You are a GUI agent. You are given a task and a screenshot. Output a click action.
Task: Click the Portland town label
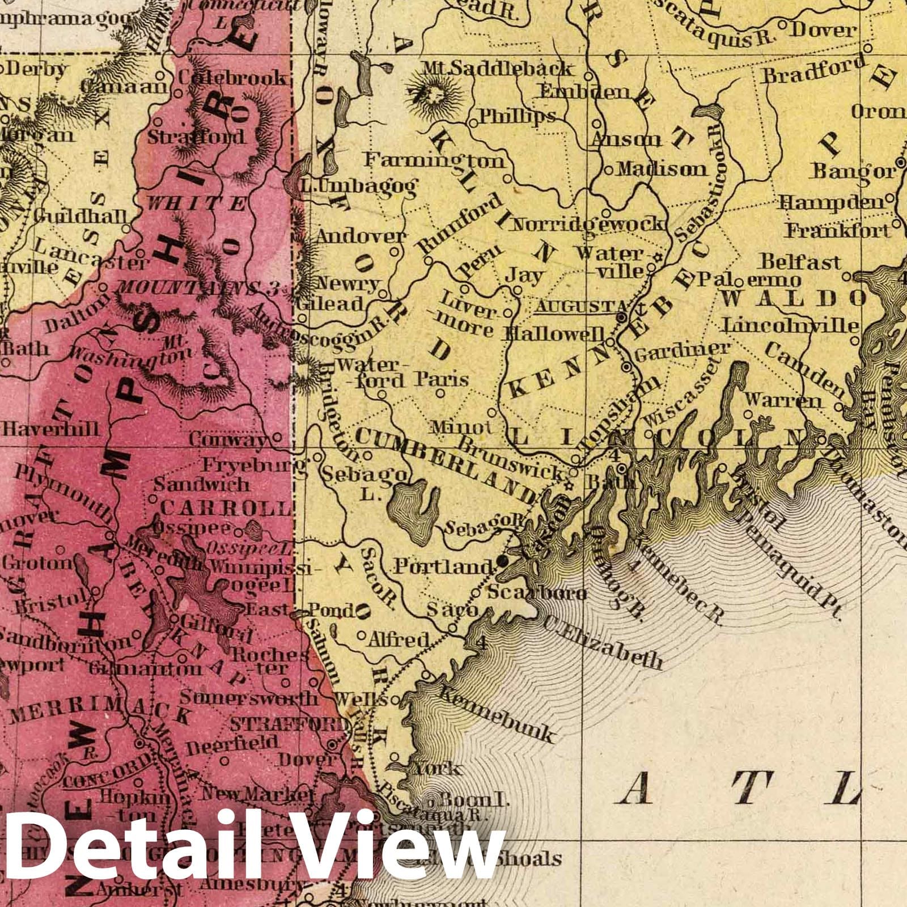coord(443,566)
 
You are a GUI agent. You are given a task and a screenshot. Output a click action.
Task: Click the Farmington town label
coord(434,161)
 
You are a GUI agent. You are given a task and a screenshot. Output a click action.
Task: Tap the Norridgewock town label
coord(587,224)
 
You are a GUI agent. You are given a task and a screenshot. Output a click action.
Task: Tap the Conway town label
coord(227,439)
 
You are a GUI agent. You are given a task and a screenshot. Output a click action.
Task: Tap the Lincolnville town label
coord(791,326)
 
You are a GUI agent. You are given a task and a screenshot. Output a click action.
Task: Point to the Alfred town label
coord(398,639)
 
